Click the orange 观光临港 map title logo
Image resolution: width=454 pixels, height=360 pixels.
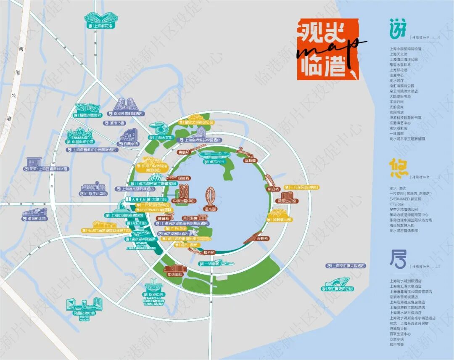click(327, 49)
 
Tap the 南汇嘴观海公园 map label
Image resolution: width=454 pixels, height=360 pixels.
click(337, 289)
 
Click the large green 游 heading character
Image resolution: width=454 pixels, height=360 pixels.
click(398, 30)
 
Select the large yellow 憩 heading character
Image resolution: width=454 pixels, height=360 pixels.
click(398, 168)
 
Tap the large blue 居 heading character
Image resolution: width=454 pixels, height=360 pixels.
click(398, 259)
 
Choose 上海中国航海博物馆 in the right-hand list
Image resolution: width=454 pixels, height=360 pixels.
click(405, 49)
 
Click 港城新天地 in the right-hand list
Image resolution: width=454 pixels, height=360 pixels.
click(400, 328)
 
